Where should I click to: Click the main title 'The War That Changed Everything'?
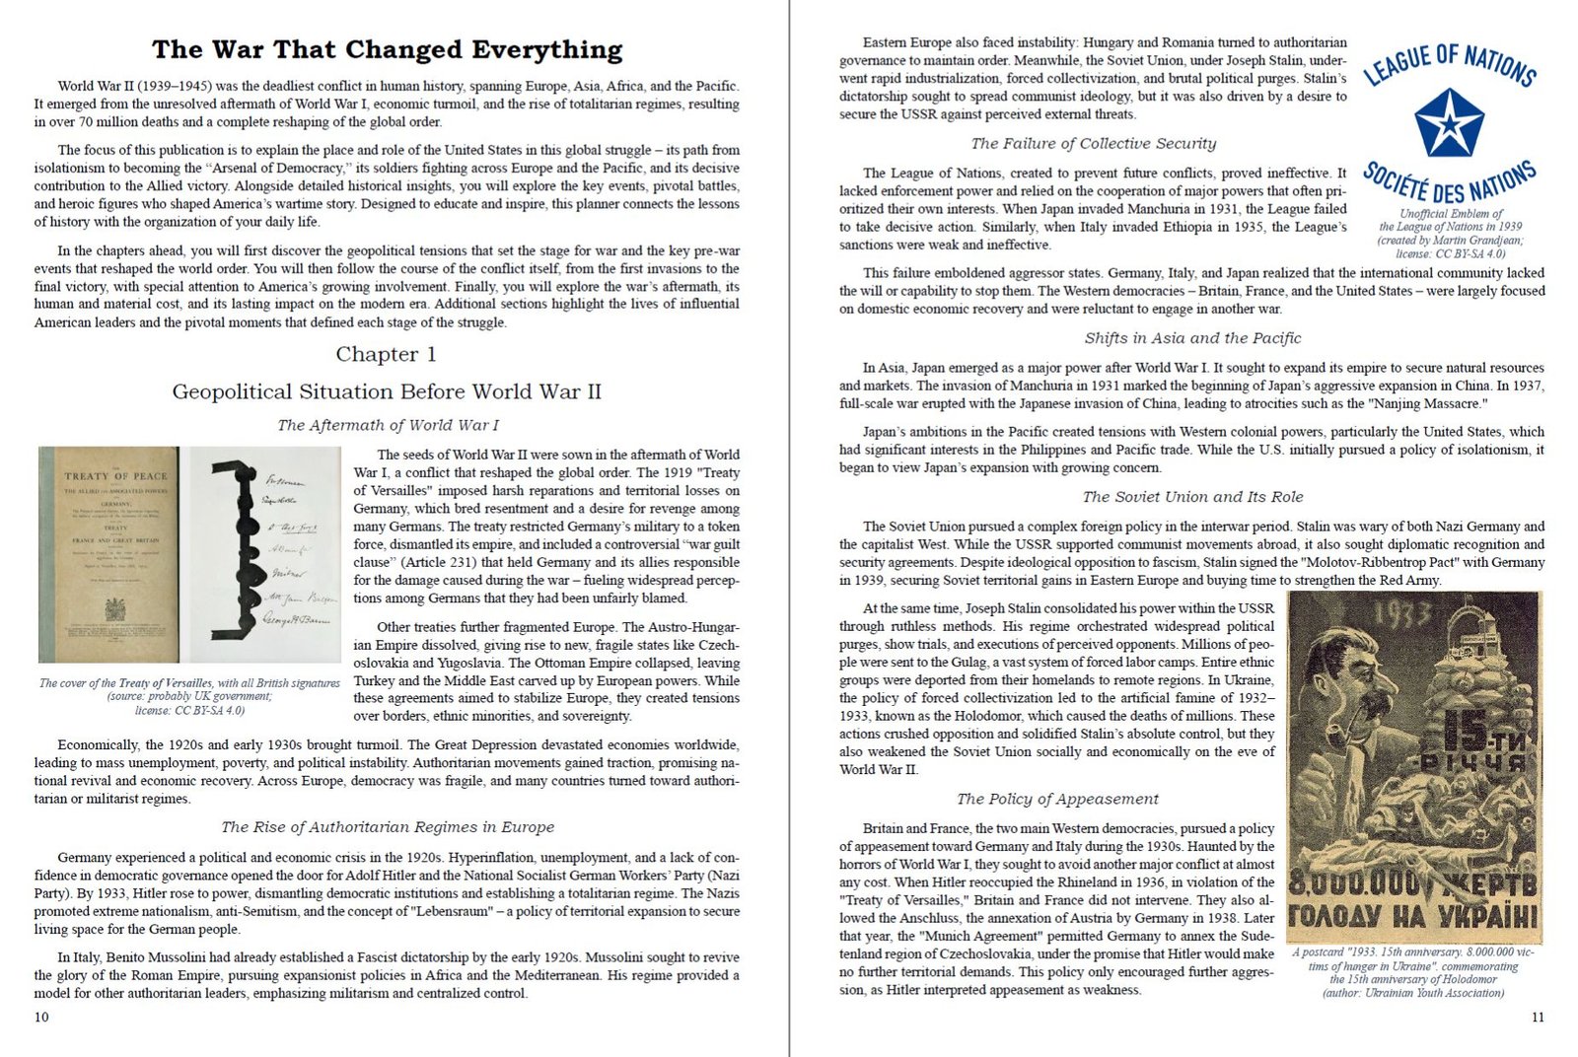click(x=387, y=49)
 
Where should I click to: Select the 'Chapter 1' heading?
click(x=386, y=354)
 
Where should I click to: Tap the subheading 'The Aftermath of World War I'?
click(x=388, y=425)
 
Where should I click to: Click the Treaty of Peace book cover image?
click(x=109, y=554)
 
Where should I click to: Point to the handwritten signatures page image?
click(x=265, y=554)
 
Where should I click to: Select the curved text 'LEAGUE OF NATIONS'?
click(x=1449, y=63)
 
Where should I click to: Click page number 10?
click(x=41, y=1017)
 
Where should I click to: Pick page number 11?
click(x=1538, y=1017)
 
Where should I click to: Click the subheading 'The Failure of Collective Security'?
click(x=1093, y=144)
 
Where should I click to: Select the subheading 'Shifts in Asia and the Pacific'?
click(x=1192, y=338)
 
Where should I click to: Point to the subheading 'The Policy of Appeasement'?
click(x=1057, y=799)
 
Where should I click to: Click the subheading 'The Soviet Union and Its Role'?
click(x=1192, y=497)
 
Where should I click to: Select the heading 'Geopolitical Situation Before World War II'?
click(x=387, y=391)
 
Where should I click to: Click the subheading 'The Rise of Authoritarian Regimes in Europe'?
click(x=388, y=827)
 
